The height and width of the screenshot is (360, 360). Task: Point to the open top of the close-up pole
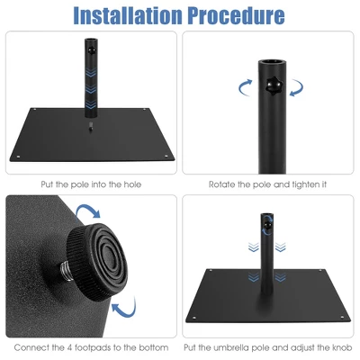tap(273, 63)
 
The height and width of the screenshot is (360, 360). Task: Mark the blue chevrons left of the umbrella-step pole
tap(255, 245)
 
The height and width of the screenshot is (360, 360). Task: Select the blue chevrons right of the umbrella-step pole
tap(281, 245)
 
